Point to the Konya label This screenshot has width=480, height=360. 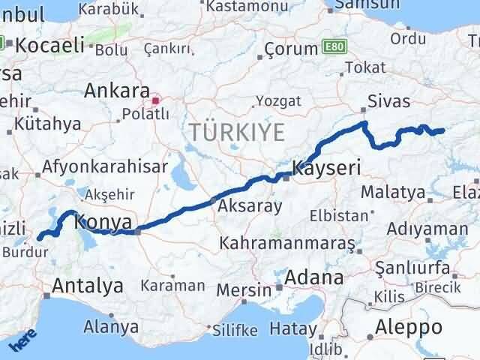[x=104, y=222]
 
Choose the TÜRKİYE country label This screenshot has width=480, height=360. [x=237, y=133]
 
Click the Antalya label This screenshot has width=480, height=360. [x=87, y=286]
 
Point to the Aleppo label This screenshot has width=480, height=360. [x=409, y=327]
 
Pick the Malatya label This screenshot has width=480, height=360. [x=392, y=193]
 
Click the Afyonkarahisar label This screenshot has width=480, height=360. [x=105, y=167]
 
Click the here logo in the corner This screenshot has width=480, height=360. [x=22, y=341]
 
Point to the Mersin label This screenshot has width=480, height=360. [x=243, y=289]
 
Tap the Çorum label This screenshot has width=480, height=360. [x=291, y=49]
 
